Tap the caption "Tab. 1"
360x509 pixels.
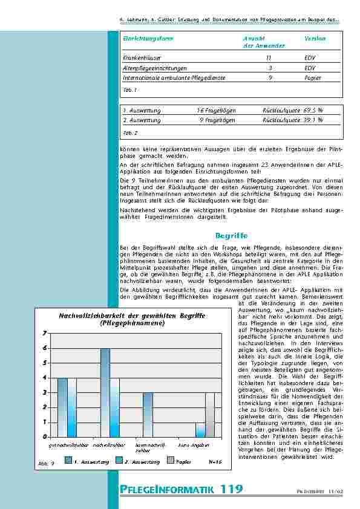[129, 89]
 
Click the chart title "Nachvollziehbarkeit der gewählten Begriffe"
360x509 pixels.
[132, 316]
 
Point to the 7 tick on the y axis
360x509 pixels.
[44, 334]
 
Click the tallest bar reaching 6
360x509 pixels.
[105, 392]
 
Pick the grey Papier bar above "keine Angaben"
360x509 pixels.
[209, 414]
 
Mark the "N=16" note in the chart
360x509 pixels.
[215, 462]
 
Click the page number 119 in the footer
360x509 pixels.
[232, 488]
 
